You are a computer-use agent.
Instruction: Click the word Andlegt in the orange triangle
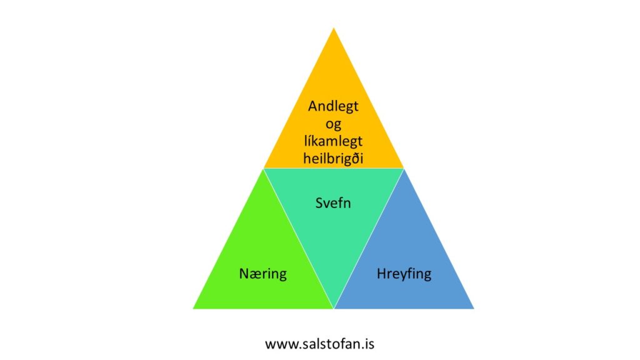(x=333, y=106)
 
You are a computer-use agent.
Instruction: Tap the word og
(x=333, y=124)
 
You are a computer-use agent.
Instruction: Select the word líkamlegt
(x=333, y=141)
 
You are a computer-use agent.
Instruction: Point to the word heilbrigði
(x=333, y=158)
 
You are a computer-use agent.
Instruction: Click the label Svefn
(x=333, y=203)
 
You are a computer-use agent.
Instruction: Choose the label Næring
(x=263, y=274)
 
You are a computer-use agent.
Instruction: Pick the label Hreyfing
(x=404, y=274)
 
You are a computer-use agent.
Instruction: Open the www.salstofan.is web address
(x=319, y=344)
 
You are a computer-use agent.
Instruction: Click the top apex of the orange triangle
(x=334, y=28)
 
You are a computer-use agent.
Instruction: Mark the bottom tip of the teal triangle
(x=334, y=308)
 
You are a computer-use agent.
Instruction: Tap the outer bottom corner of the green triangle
(x=194, y=308)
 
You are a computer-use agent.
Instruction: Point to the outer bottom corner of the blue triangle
(x=474, y=308)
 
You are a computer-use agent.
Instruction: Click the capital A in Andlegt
(x=313, y=106)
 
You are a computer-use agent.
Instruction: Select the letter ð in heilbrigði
(x=354, y=158)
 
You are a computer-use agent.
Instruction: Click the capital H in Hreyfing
(x=382, y=273)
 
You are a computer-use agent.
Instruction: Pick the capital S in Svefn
(x=319, y=203)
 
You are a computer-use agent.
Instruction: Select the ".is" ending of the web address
(x=367, y=344)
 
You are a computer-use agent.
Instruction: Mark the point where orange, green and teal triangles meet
(x=264, y=169)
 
